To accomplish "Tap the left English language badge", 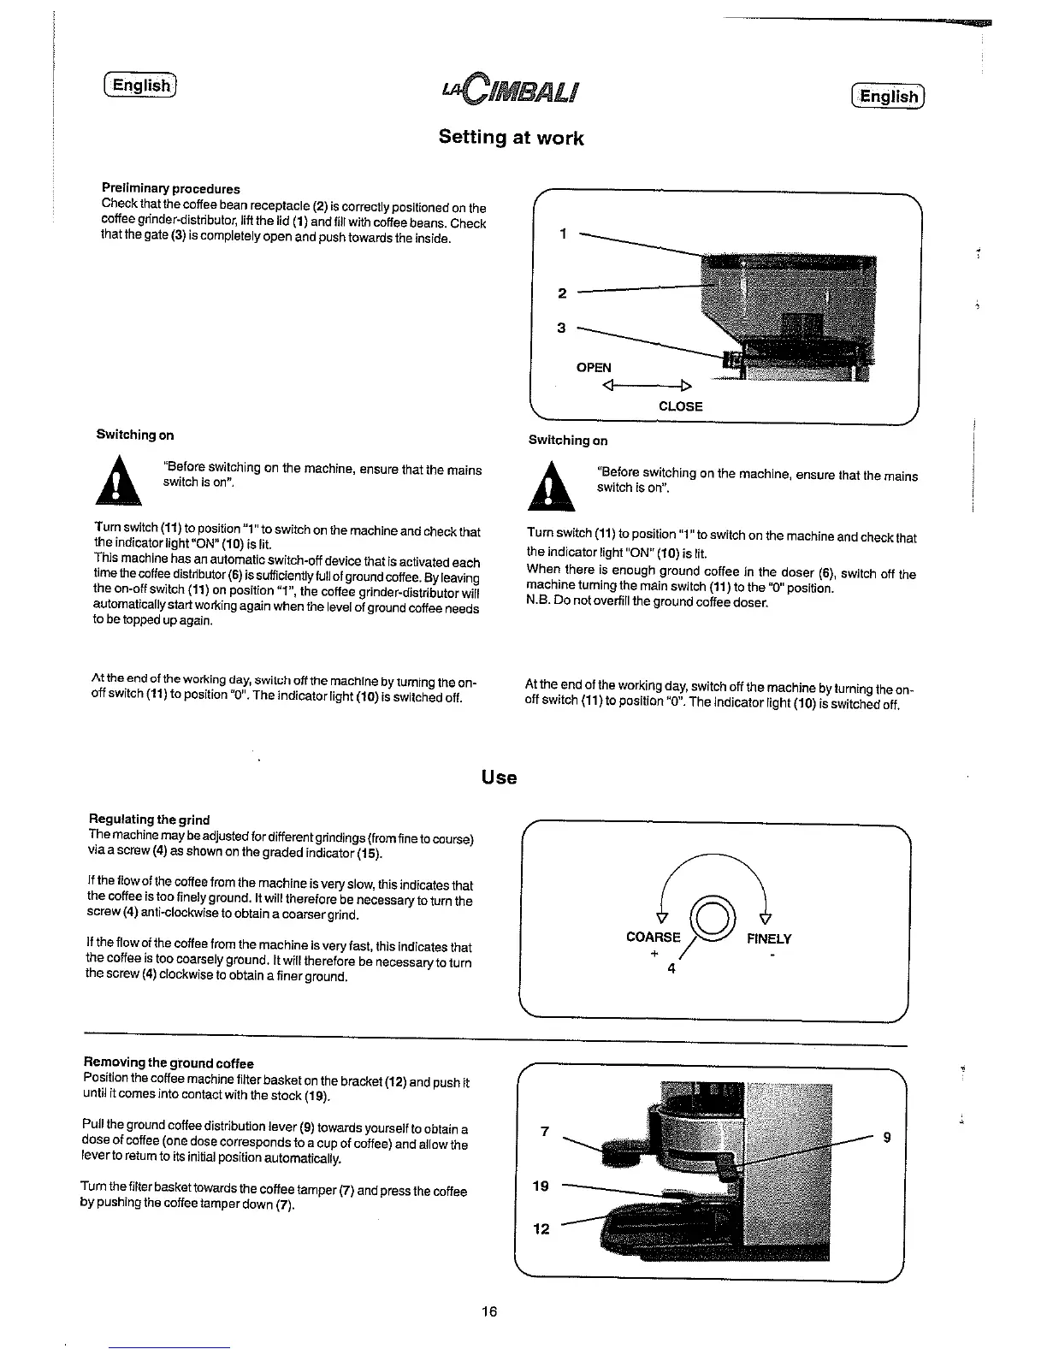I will (x=140, y=85).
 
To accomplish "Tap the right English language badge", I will (x=889, y=96).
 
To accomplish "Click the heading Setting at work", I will (x=511, y=138).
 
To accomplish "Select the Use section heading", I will (x=499, y=778).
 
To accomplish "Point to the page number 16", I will (x=488, y=1311).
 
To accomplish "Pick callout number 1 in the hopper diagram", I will (x=562, y=234).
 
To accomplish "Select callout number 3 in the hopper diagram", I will (x=561, y=328).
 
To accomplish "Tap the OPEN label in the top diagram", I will (x=594, y=368).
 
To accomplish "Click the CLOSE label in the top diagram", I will (x=680, y=406).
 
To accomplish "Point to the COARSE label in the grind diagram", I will (x=654, y=937).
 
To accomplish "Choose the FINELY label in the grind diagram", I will (x=769, y=938).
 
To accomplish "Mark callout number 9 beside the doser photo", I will (x=886, y=1137).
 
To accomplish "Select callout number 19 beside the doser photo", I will (x=541, y=1186).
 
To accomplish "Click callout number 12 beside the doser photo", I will (x=541, y=1228).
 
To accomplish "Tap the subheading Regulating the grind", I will (x=149, y=819).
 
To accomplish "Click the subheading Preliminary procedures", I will (x=170, y=188).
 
